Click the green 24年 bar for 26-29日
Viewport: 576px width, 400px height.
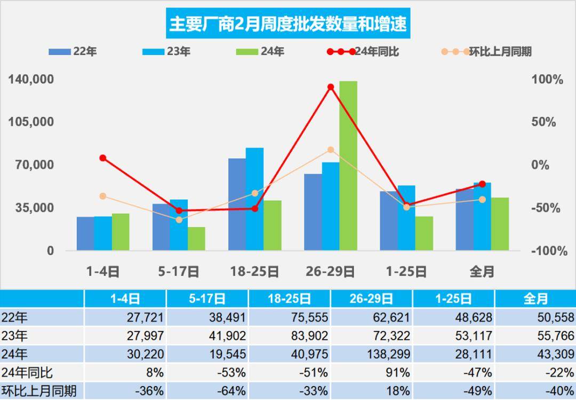coord(348,166)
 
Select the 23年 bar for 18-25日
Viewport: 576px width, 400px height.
coord(254,199)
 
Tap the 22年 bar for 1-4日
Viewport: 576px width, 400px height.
coord(85,233)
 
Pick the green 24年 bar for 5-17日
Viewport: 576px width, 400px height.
coord(196,238)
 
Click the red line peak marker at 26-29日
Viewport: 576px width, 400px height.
coord(331,87)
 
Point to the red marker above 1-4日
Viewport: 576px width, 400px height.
coord(103,158)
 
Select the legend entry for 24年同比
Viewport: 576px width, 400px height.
coord(363,52)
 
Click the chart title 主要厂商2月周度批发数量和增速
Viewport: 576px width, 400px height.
coord(288,23)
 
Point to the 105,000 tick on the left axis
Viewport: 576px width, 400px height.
coord(31,122)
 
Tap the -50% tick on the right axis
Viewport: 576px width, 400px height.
coord(546,208)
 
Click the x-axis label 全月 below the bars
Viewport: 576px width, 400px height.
coord(482,271)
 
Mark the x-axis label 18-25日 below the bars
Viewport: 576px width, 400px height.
coord(254,271)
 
